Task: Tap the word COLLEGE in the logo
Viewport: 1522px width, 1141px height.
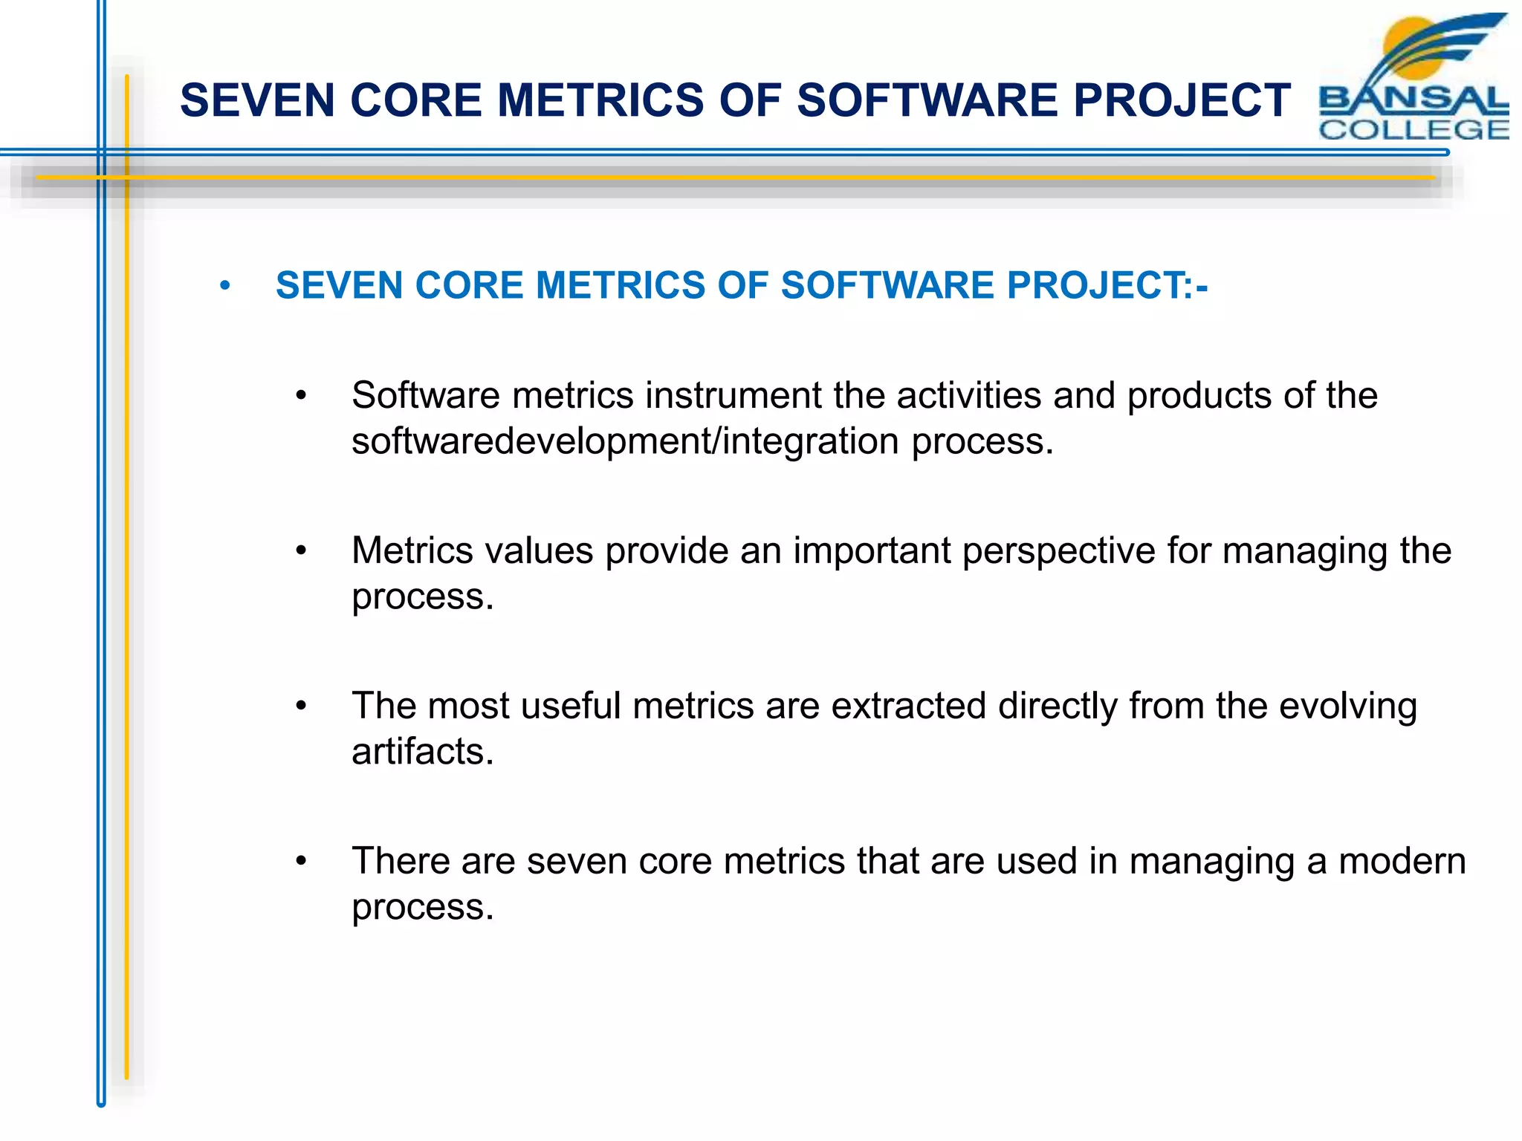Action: point(1413,130)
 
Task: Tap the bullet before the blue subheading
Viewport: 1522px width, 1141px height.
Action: point(225,286)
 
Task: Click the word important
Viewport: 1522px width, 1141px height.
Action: point(871,551)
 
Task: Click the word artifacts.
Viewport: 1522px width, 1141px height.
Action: point(422,752)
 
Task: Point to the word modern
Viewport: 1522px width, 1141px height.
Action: point(1402,862)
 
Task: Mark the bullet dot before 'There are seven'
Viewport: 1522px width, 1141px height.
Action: point(301,862)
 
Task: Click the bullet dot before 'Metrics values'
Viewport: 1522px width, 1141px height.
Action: point(301,551)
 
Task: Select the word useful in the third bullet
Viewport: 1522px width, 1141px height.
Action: point(570,706)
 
